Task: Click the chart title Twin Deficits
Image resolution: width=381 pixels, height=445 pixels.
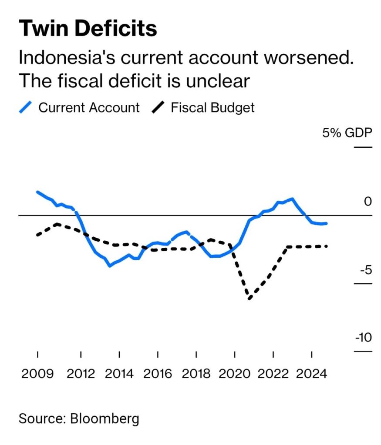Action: (88, 29)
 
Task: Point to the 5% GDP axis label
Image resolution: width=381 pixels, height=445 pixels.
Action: (347, 133)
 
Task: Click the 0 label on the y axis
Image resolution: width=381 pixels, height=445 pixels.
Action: (368, 201)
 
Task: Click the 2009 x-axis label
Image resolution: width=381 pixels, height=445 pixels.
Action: (37, 374)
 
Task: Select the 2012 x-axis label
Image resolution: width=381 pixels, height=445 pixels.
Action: (81, 374)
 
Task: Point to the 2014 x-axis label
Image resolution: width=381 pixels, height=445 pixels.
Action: (119, 374)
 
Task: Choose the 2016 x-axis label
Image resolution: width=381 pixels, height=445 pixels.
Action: (158, 374)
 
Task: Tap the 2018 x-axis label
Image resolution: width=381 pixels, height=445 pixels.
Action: (196, 374)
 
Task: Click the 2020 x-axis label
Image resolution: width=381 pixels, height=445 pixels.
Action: (235, 374)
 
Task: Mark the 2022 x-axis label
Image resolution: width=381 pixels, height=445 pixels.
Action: (273, 374)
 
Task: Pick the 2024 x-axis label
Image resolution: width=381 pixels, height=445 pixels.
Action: (312, 374)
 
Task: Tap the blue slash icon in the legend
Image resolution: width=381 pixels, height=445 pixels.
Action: (26, 107)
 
